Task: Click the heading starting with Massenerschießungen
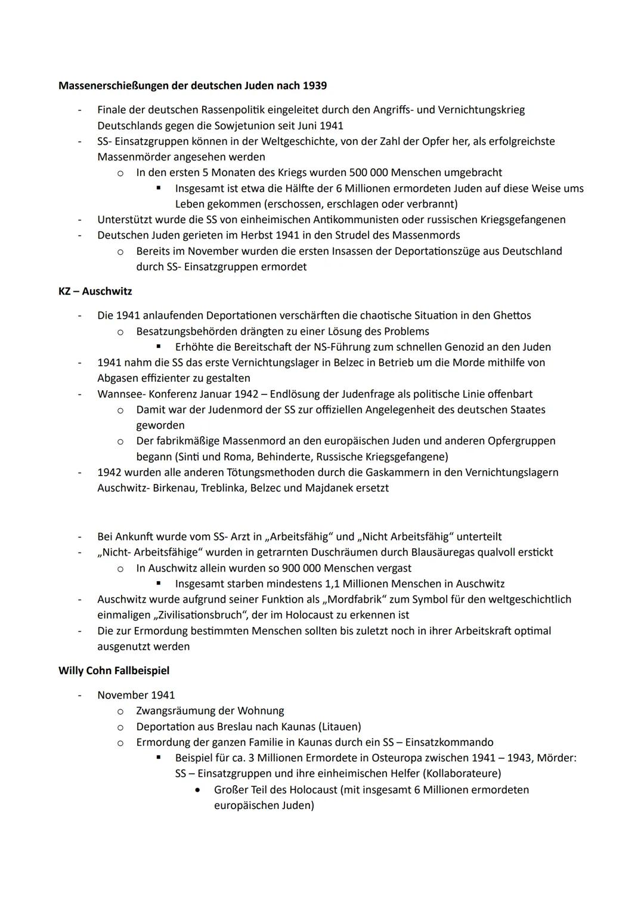[192, 85]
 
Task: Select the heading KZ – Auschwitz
[95, 291]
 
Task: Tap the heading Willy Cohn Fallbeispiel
[114, 671]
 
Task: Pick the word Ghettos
[512, 315]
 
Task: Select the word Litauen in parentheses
[339, 727]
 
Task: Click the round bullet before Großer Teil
[197, 790]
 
